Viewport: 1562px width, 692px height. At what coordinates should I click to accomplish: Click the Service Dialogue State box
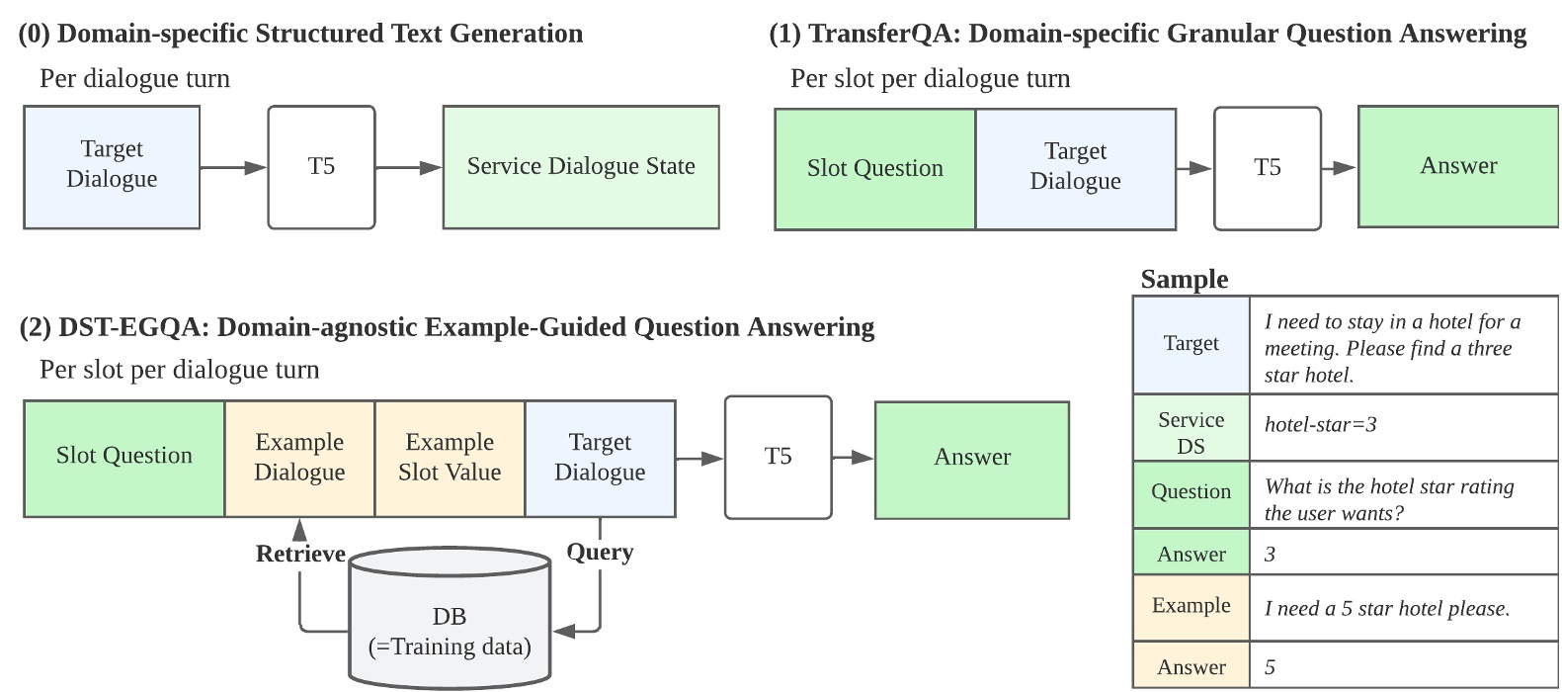click(581, 167)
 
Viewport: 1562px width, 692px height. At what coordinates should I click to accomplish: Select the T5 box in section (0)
click(321, 167)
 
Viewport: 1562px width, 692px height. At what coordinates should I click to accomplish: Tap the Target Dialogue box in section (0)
click(112, 167)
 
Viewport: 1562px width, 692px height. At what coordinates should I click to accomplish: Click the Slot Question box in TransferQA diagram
click(874, 169)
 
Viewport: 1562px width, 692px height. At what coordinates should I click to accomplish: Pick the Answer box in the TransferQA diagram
click(1457, 167)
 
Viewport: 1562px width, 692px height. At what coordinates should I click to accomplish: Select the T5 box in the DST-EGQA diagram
click(778, 457)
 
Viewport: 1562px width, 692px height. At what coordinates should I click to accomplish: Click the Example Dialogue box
click(299, 458)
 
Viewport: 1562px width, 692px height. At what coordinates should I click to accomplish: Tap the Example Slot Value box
click(450, 458)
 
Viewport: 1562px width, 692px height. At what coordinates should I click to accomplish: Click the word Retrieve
click(300, 554)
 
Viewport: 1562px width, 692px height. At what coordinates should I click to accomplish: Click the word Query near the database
click(600, 552)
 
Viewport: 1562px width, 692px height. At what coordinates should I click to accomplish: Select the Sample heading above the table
click(1184, 280)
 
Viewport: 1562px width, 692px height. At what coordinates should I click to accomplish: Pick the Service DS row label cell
click(1191, 432)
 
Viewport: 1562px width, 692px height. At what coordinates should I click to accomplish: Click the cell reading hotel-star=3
click(1321, 425)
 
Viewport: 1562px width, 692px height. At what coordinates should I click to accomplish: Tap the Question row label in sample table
click(1191, 492)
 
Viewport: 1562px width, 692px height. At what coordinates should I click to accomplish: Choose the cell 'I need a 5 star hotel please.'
click(1387, 609)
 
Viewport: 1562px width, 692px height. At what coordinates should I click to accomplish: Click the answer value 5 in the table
click(1271, 667)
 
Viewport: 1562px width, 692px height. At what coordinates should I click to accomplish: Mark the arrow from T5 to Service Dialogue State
click(408, 167)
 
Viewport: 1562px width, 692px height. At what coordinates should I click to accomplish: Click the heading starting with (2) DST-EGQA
click(447, 327)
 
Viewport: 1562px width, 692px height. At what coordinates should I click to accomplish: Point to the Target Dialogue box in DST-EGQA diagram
click(600, 458)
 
